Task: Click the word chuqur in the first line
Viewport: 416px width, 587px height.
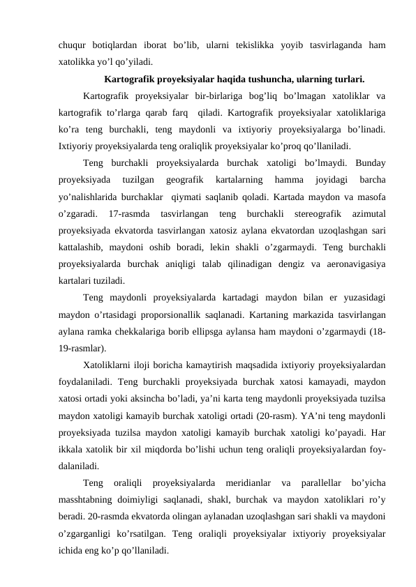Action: pyautogui.click(x=74, y=45)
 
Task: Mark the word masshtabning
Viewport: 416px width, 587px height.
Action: pyautogui.click(x=88, y=500)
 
